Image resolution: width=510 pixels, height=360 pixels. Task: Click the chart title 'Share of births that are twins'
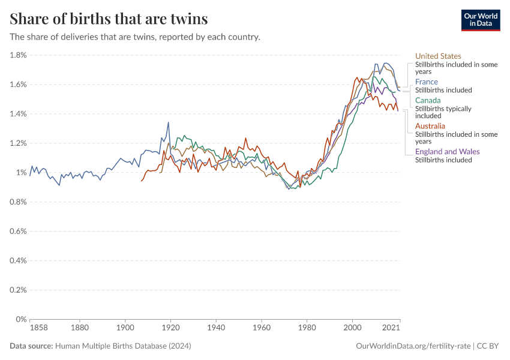point(109,19)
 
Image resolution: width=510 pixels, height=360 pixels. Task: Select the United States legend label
point(438,56)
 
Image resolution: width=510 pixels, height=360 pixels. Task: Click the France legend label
point(426,82)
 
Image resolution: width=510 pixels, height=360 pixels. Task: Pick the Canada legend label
point(428,100)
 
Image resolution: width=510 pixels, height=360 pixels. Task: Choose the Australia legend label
point(430,126)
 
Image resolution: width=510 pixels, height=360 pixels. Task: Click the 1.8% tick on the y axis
point(18,55)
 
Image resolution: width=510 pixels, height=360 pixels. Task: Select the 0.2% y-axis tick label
point(18,290)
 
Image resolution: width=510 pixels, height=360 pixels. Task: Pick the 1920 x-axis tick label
point(170,328)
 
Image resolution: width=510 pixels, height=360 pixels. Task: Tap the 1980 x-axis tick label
point(307,328)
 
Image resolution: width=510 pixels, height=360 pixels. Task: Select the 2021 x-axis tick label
point(391,328)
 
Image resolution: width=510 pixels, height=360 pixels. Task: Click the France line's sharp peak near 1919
point(168,122)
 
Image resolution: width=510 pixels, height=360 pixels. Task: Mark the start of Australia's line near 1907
point(142,181)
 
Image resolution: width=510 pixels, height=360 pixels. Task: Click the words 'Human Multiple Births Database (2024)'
point(122,346)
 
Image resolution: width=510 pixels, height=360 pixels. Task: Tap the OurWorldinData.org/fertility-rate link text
point(413,346)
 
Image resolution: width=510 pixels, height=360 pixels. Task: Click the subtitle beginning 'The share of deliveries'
point(135,37)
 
